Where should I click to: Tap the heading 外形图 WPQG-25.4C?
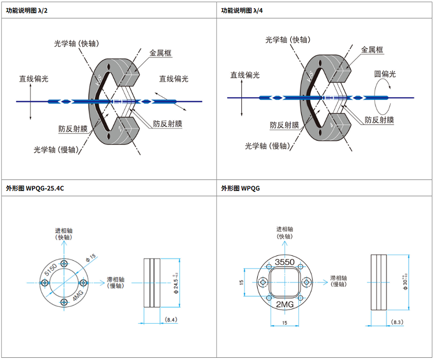tap(35, 188)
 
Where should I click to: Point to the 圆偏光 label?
tap(385, 74)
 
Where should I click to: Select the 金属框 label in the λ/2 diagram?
tap(160, 53)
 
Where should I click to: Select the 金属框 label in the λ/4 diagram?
tap(372, 50)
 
